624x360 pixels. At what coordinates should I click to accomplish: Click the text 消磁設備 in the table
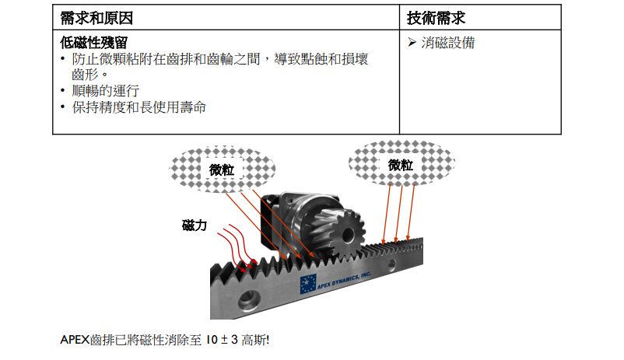click(x=447, y=43)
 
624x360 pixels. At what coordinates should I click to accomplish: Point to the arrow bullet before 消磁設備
click(x=413, y=43)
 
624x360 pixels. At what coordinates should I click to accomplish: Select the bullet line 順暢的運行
click(x=107, y=91)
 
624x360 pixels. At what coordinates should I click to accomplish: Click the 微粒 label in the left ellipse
click(x=221, y=170)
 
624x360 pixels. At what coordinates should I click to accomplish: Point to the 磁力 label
click(x=194, y=226)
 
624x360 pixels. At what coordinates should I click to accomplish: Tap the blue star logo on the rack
click(x=307, y=285)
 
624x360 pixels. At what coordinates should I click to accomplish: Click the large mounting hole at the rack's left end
click(x=249, y=299)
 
